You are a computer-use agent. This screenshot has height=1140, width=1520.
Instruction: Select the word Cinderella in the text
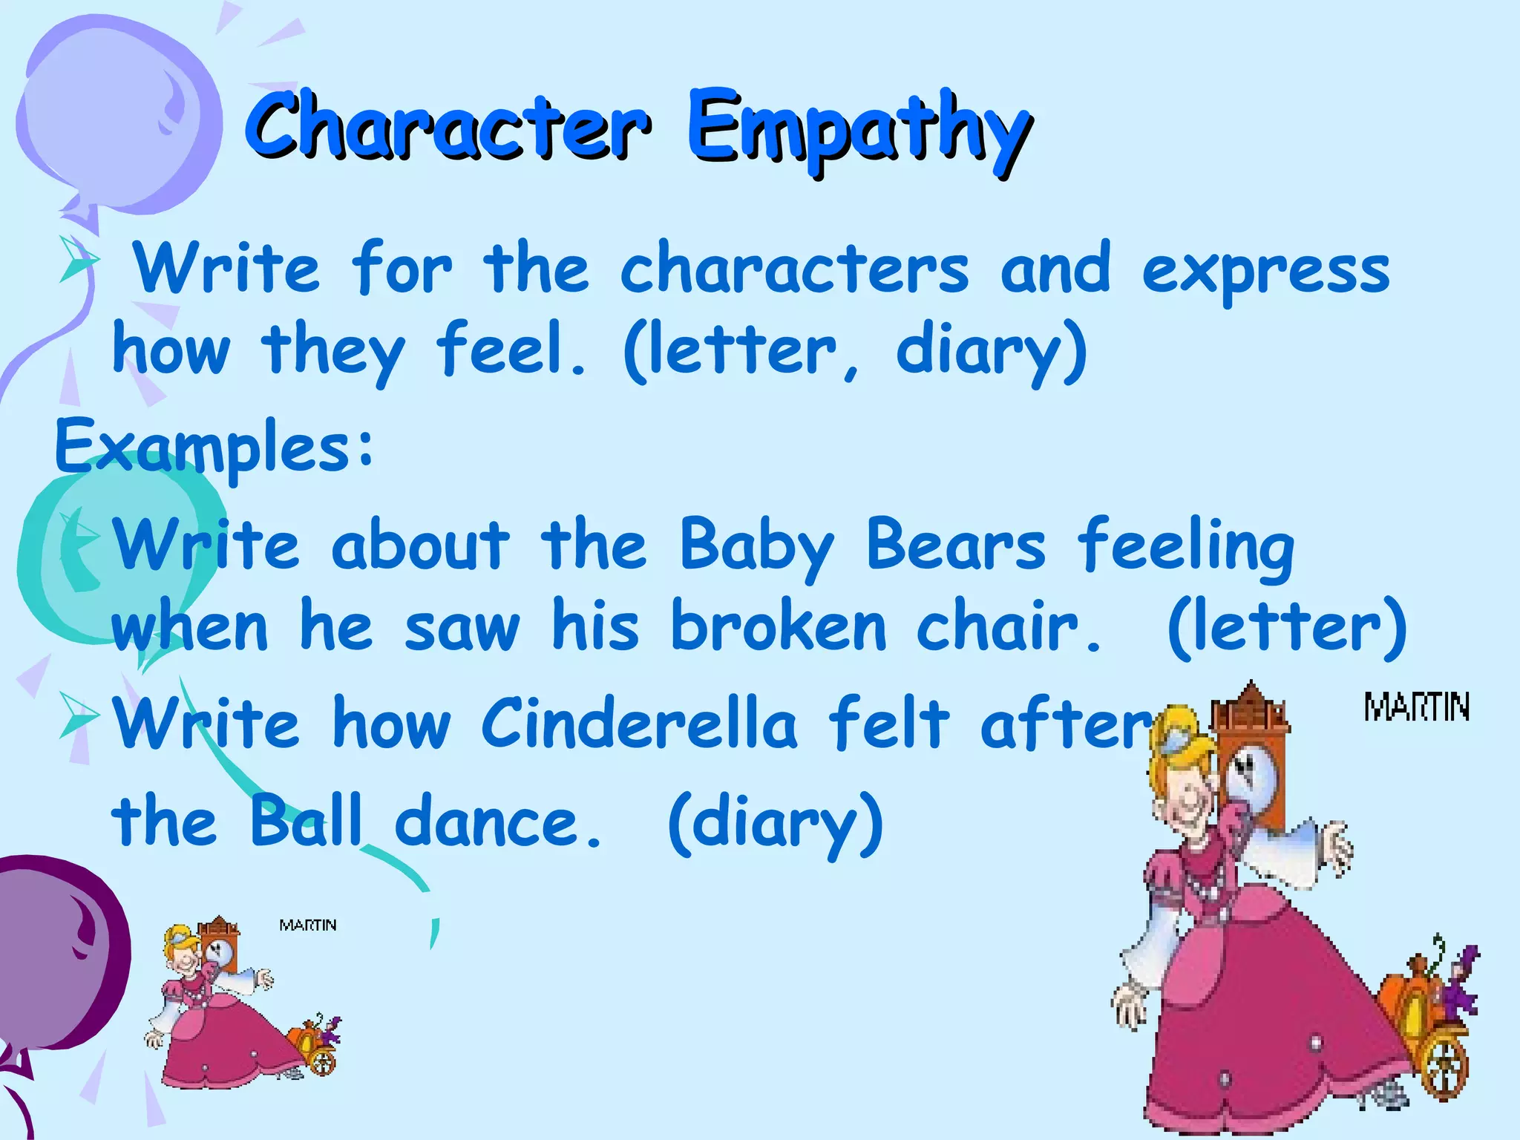point(639,723)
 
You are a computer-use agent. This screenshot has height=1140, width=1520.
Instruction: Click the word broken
point(779,627)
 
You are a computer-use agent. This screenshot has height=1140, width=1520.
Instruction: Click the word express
point(1265,271)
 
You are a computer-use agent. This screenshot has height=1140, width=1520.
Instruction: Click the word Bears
point(956,546)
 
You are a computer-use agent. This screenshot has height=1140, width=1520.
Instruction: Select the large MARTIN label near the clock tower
point(1416,707)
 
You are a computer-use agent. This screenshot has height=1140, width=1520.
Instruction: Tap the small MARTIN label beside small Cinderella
point(308,925)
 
